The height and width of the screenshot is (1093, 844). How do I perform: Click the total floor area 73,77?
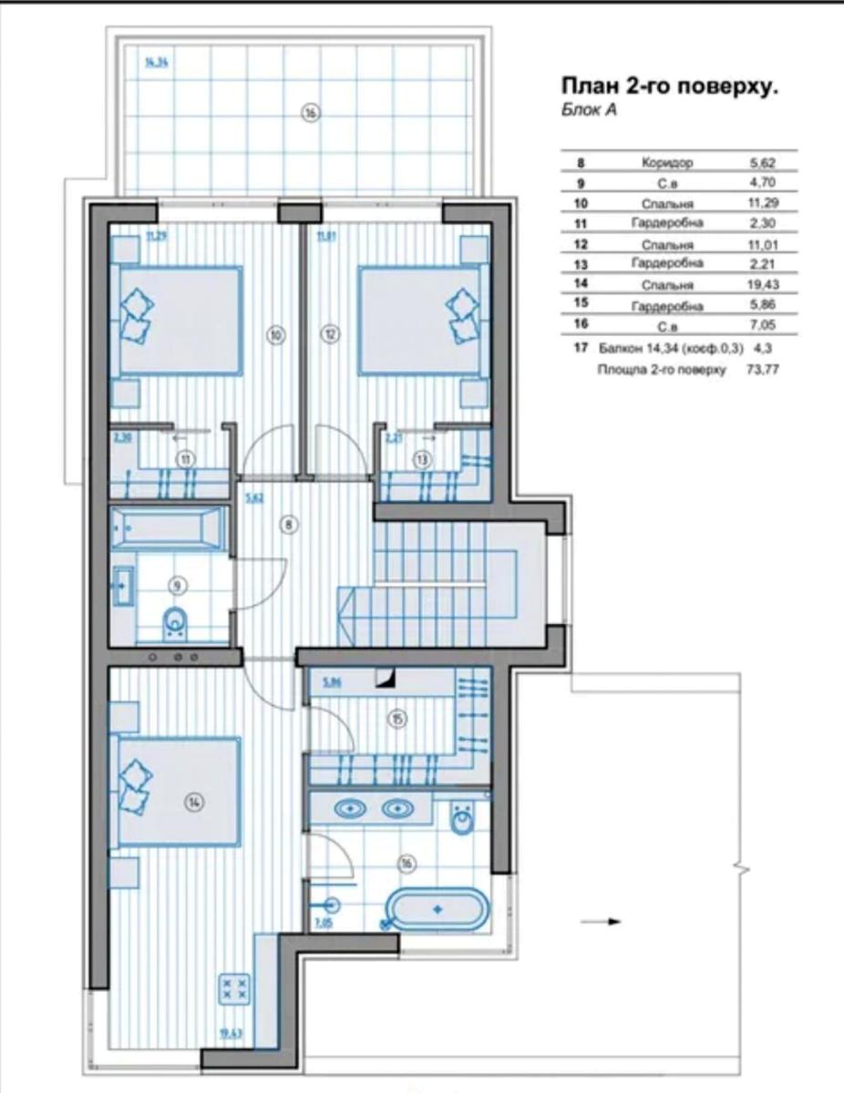point(762,370)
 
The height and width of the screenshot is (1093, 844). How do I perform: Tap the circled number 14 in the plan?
point(194,802)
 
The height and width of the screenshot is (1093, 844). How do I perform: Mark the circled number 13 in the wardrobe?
point(422,460)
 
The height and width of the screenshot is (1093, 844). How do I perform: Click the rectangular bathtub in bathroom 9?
point(167,528)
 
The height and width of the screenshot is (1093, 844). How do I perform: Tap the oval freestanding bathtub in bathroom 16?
point(437,909)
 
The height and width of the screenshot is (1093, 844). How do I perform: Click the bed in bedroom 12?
point(420,320)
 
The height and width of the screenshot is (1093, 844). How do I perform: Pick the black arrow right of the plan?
point(601,922)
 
